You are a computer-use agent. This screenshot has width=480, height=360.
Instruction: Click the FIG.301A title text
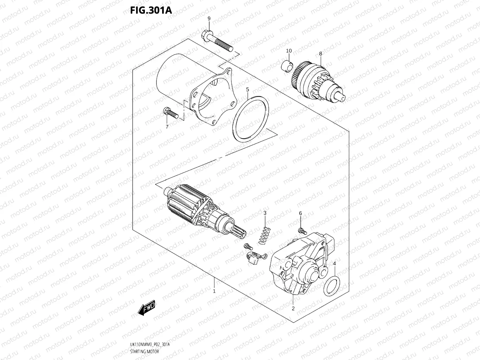click(151, 10)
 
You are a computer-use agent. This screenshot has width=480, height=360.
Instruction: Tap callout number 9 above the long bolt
click(209, 18)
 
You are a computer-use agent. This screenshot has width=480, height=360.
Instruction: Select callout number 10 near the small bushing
click(289, 51)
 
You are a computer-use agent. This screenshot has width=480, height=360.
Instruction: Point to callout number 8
click(320, 54)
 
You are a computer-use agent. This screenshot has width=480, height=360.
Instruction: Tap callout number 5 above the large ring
click(248, 89)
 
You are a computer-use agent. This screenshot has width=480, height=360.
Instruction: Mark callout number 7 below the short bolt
click(167, 127)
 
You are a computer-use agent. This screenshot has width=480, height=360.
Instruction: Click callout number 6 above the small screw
click(300, 213)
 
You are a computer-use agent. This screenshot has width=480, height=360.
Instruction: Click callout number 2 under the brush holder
click(293, 309)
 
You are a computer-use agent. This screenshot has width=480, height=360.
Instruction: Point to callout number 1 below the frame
click(214, 291)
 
